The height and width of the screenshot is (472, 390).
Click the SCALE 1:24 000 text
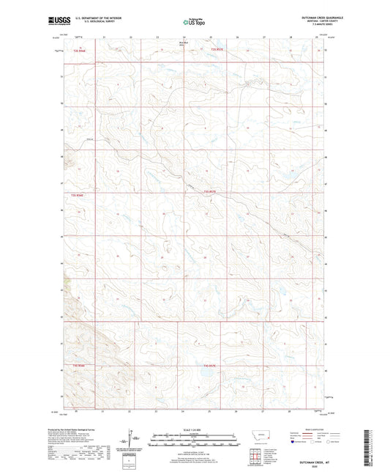click(195, 429)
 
